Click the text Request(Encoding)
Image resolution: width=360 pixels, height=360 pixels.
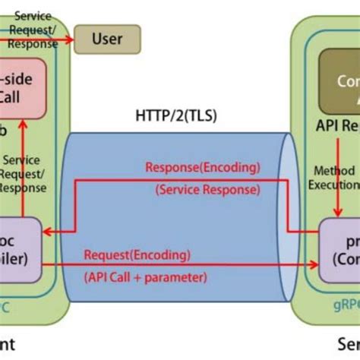coord(137,254)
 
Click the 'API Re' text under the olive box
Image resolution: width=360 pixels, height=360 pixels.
coord(338,125)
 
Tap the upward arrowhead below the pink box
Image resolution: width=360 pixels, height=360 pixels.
coord(24,127)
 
